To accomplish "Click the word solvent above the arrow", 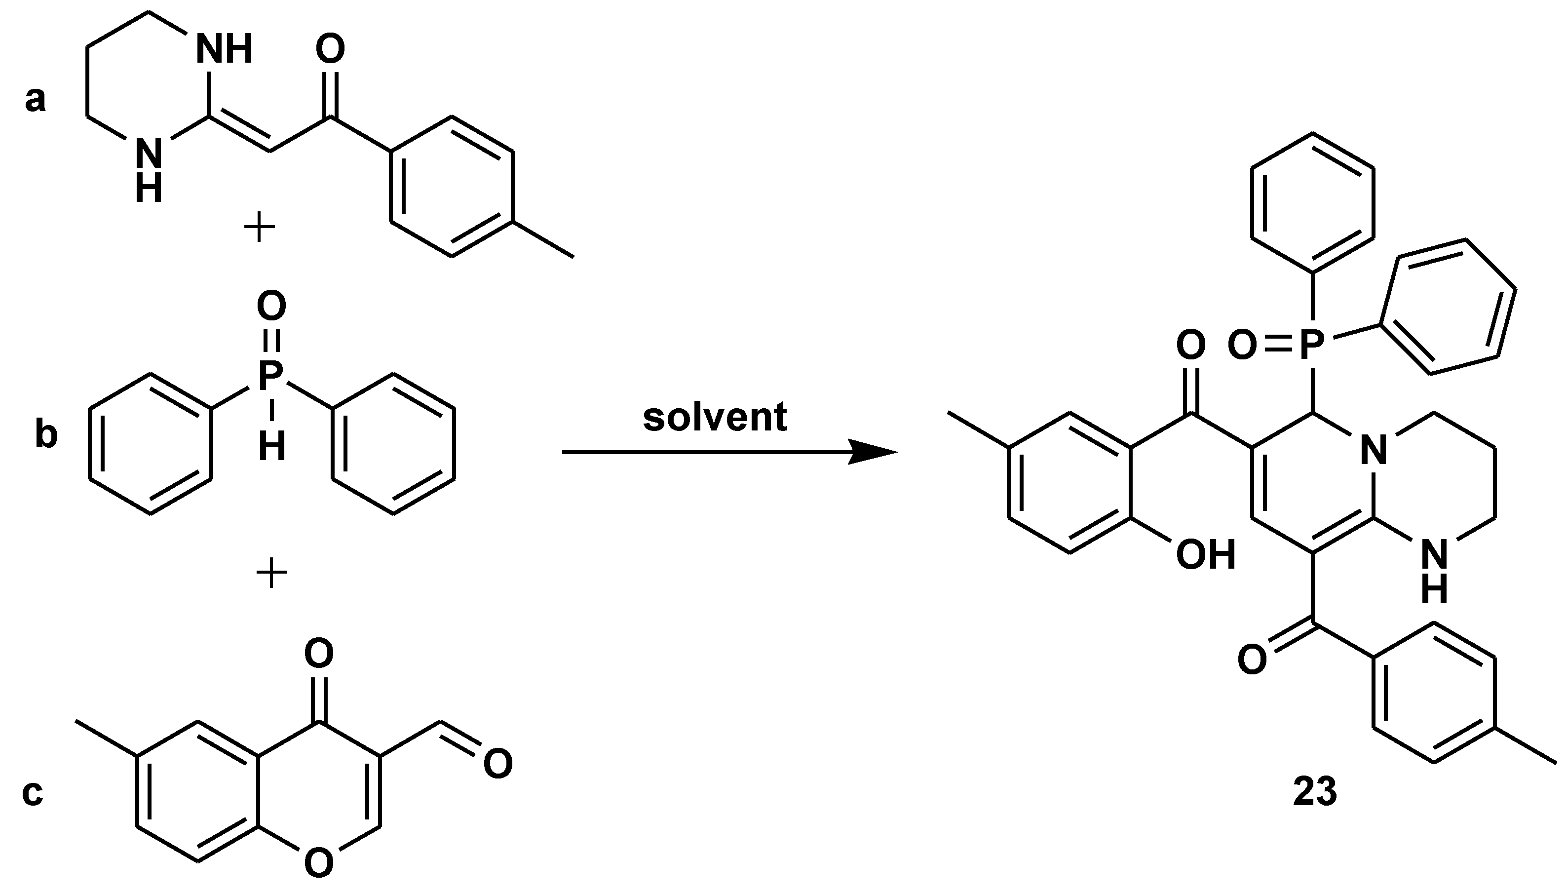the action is click(x=715, y=418).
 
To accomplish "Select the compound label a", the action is click(x=35, y=99).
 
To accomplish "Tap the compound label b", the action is click(x=46, y=435).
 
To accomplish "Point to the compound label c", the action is click(x=32, y=792).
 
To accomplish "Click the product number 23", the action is click(x=1315, y=792).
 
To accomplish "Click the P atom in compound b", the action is click(x=271, y=375).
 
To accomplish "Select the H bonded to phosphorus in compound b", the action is click(x=271, y=446).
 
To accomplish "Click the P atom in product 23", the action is click(x=1312, y=346).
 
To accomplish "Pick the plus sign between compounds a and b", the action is click(x=259, y=229).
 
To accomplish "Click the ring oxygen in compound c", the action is click(x=319, y=863).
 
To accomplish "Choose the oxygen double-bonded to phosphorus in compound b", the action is click(x=271, y=305).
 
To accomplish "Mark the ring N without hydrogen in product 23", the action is click(x=1373, y=450).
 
